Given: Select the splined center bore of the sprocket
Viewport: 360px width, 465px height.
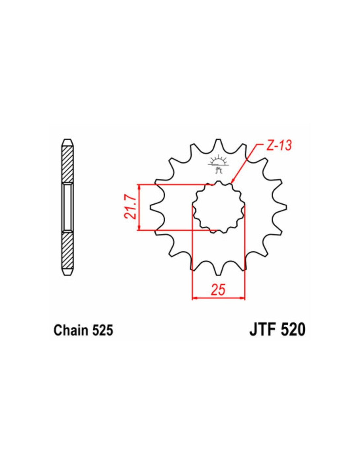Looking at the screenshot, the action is coord(219,208).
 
